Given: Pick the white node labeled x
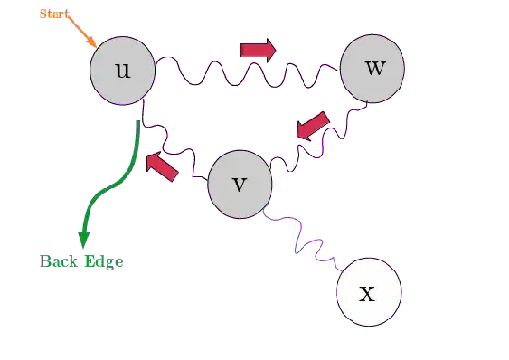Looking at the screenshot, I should pos(369,292).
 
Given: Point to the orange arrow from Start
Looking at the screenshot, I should pos(83,35).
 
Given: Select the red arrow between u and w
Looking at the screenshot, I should pos(256,49).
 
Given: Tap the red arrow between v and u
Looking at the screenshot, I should pos(161,166).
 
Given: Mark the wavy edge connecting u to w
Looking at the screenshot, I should pos(245,74).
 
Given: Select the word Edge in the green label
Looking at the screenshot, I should pos(102,261).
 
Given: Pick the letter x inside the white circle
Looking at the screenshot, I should pos(369,293).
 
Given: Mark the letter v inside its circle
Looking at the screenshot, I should pos(239,184).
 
